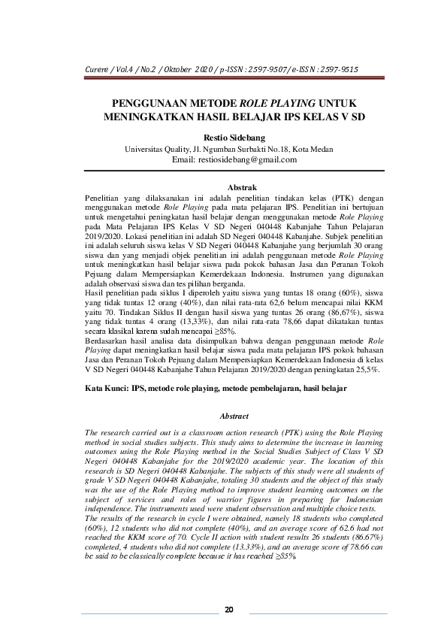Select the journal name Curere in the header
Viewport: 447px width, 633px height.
pyautogui.click(x=95, y=70)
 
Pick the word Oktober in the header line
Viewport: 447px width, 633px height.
pyautogui.click(x=172, y=70)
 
